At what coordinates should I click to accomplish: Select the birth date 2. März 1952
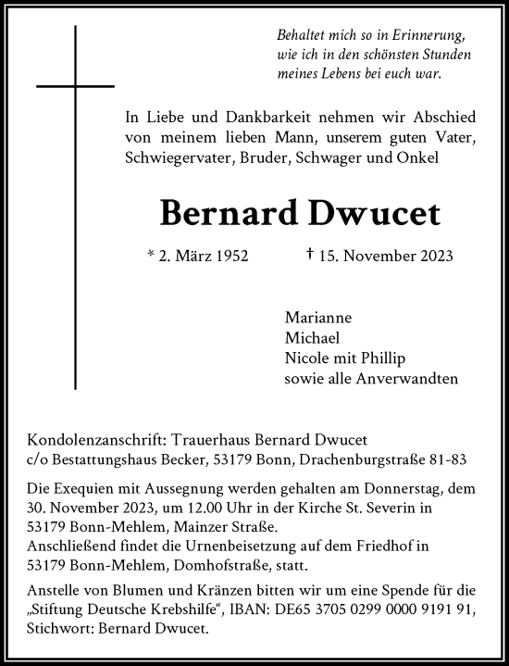point(197,256)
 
